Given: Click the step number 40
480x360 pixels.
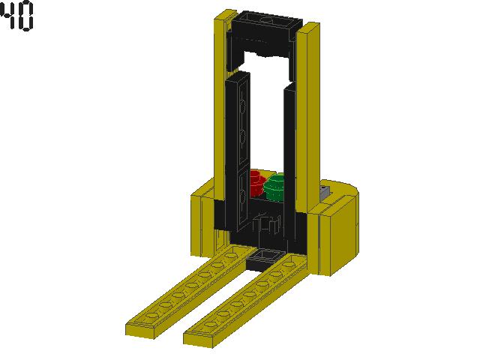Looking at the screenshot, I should coord(16,17).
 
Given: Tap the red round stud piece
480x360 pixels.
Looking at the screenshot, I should coord(256,182).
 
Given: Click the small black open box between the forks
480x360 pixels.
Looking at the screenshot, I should coord(261,259).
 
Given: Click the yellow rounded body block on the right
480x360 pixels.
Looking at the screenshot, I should coord(342,232).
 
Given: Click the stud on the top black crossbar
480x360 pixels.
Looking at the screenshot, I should coord(266,23).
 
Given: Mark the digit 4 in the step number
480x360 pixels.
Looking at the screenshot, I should coord(8,17).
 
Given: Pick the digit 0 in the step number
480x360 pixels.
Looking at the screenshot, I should coord(25,17).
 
